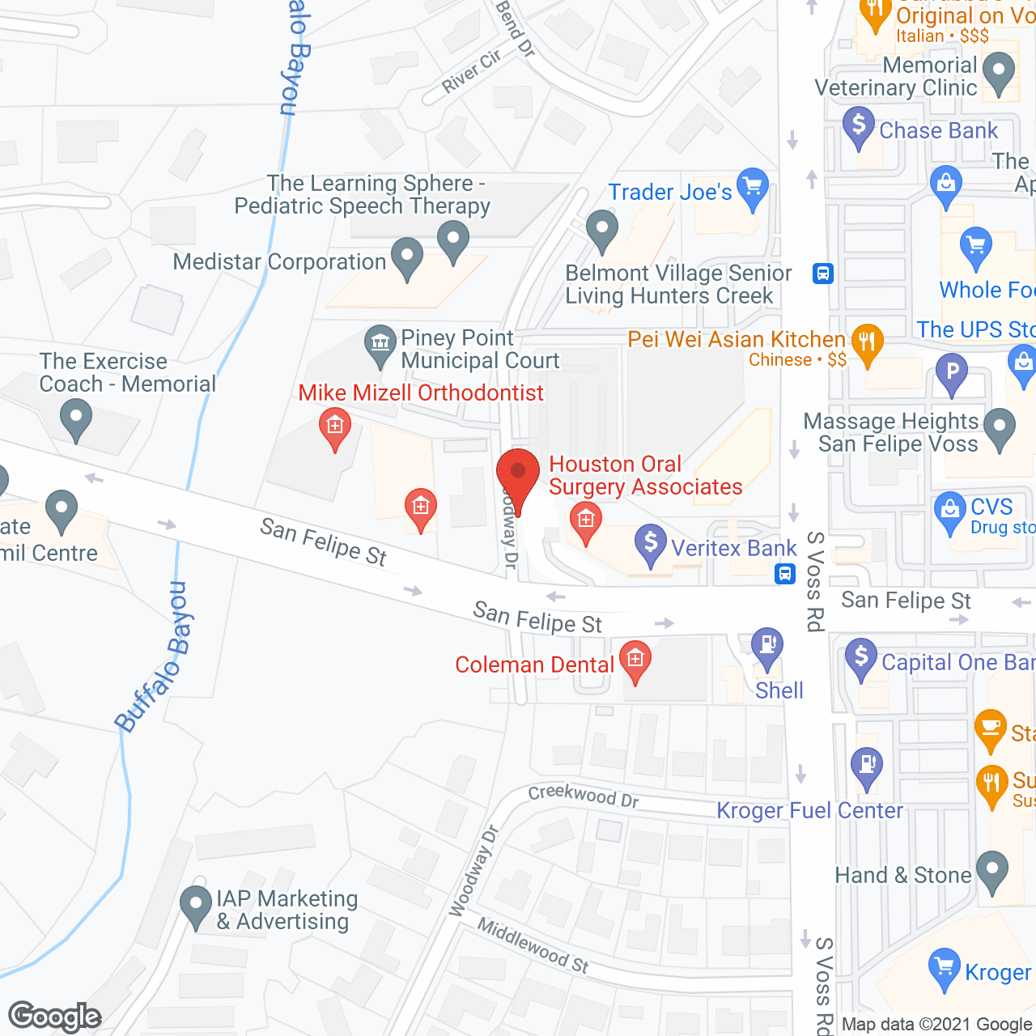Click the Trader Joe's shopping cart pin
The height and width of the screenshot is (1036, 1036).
(753, 189)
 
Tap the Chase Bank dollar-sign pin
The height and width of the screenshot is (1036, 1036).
(858, 128)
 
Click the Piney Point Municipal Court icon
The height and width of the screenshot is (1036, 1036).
(379, 342)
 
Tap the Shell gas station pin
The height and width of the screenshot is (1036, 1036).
(766, 647)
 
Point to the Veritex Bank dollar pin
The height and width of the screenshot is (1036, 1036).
(650, 544)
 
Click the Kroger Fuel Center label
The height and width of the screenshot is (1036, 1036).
(809, 810)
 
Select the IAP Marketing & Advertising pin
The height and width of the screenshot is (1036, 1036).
(195, 906)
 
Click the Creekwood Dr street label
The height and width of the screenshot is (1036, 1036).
(584, 796)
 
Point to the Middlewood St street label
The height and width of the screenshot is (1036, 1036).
(533, 945)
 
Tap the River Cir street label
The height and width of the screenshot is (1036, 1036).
(472, 71)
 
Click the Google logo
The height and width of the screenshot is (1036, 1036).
(55, 1017)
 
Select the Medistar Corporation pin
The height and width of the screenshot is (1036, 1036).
(406, 257)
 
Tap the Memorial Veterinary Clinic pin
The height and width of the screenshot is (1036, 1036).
(999, 73)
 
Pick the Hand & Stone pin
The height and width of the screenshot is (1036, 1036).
(992, 871)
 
